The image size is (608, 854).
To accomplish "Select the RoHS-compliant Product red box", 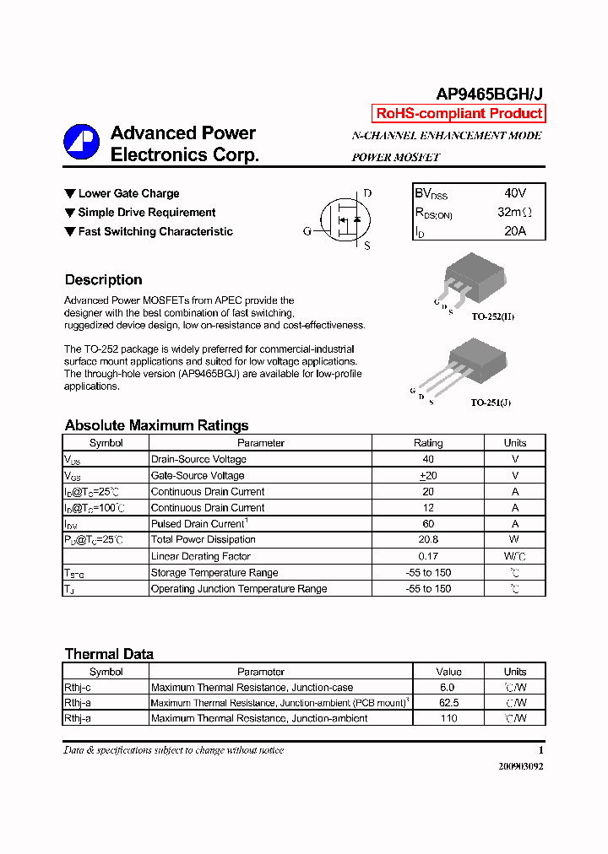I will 459,114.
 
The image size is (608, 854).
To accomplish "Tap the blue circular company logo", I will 82,143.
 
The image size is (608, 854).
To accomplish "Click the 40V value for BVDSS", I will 514,193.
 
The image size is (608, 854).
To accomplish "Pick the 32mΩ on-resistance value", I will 514,213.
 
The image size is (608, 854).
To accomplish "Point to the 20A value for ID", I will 514,231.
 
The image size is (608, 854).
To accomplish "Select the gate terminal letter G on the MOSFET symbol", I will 307,231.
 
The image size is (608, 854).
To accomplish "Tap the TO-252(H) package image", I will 473,278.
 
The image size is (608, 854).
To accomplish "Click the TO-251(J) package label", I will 491,403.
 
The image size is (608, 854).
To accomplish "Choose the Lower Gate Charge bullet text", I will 128,193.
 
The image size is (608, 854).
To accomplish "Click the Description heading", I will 103,280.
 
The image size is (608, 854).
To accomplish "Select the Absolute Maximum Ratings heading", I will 156,425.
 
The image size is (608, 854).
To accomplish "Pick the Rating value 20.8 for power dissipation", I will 428,540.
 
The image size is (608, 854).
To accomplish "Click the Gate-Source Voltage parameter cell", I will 198,476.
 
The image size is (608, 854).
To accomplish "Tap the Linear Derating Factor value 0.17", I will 428,556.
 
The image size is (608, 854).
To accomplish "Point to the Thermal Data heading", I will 109,654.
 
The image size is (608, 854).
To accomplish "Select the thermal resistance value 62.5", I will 448,703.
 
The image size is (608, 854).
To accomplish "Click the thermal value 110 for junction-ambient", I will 448,718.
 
